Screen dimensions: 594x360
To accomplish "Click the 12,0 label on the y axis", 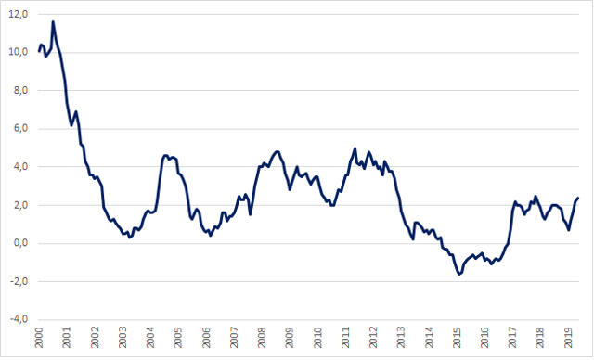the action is tap(19, 15).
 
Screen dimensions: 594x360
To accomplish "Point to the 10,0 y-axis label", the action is tap(19, 52).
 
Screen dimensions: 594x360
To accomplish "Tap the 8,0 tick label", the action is tap(20, 91).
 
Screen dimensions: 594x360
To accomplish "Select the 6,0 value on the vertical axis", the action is tap(20, 129).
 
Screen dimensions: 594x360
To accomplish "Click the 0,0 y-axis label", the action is tap(20, 243).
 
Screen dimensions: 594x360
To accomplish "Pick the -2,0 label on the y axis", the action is tap(19, 281).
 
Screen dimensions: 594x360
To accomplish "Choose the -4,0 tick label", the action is tap(19, 319).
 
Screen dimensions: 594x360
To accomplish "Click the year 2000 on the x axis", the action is tap(39, 338).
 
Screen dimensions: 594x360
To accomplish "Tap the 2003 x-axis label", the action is tap(123, 338).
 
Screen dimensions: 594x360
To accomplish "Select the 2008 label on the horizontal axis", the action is tap(262, 338).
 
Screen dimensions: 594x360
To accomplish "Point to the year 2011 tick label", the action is tap(345, 338).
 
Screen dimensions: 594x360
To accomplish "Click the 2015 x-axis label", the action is tap(457, 338).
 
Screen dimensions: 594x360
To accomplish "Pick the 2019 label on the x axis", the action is tap(568, 338).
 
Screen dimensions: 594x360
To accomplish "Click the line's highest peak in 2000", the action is tap(53, 21).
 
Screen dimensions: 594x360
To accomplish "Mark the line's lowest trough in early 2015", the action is tap(459, 274).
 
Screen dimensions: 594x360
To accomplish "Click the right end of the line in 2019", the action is tap(578, 198).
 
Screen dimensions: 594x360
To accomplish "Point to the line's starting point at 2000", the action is tap(39, 51).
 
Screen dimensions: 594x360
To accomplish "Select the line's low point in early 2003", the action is tap(130, 238).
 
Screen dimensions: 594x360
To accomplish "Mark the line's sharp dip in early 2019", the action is tap(569, 230).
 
